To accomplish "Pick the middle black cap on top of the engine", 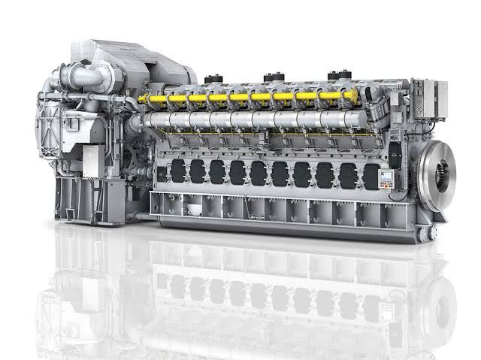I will pos(271,77).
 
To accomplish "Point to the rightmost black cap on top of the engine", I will pos(334,77).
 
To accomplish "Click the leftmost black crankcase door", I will pos(177,170).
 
